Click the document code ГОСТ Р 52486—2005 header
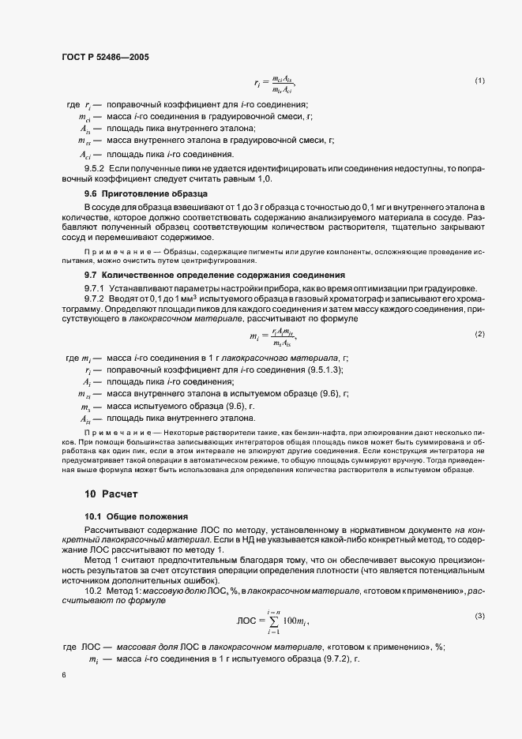pos(104,58)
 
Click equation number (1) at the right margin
pos(479,81)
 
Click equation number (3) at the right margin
pos(479,615)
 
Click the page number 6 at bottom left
pos(64,676)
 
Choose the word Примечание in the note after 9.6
pos(113,252)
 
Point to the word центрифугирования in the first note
pos(216,261)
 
